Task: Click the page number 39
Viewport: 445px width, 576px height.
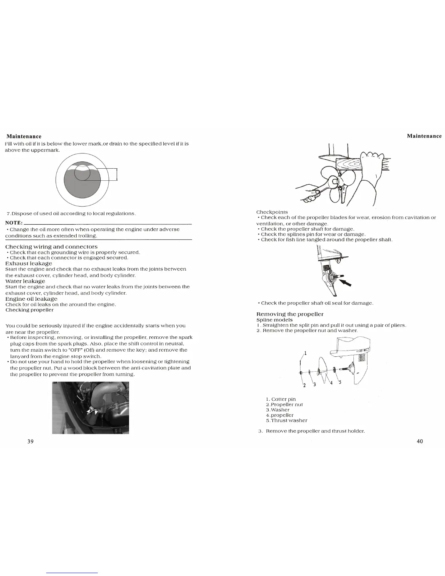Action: point(31,441)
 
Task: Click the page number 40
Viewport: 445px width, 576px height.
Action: point(420,441)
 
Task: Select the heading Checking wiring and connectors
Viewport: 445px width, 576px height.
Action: point(51,247)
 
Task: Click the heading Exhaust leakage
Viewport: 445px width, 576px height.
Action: point(29,263)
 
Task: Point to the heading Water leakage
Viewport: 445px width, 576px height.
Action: point(25,281)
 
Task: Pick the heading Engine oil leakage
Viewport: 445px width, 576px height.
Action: point(31,299)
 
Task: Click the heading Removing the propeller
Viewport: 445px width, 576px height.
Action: point(290,314)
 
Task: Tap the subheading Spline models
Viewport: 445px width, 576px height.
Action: point(274,320)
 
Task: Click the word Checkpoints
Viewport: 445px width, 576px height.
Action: point(272,212)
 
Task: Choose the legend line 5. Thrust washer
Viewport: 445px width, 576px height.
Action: point(286,420)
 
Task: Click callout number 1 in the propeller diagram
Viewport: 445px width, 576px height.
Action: point(305,353)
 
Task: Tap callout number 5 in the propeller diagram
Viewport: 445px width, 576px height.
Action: point(340,382)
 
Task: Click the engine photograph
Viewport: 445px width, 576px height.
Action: point(91,408)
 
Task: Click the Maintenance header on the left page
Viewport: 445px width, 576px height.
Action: point(24,136)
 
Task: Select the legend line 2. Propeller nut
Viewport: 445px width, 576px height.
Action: point(284,404)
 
